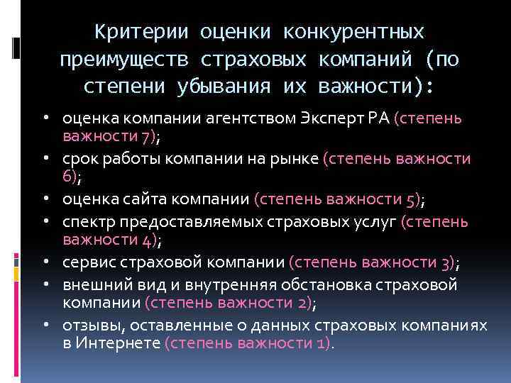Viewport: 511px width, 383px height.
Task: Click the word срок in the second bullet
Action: point(77,160)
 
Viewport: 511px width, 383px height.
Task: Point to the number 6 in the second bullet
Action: point(67,177)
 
